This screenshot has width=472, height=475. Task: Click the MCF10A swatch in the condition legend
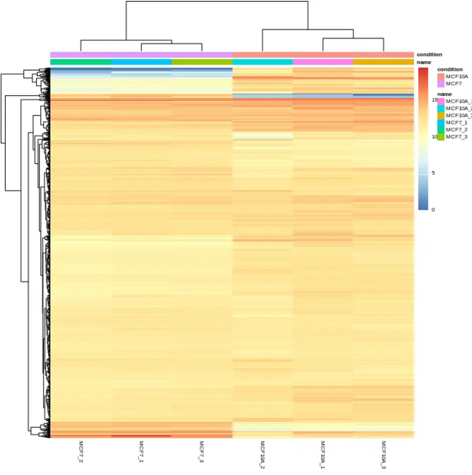point(440,76)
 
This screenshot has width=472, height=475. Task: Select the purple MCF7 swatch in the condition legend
point(440,83)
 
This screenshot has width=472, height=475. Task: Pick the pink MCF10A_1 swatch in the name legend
point(440,100)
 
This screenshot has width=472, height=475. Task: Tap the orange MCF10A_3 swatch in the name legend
point(440,115)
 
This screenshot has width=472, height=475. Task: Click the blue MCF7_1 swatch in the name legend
point(440,122)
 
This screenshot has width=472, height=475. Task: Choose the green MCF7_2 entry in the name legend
point(440,130)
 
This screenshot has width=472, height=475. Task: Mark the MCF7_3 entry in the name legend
point(440,137)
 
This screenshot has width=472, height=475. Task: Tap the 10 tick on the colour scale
point(433,137)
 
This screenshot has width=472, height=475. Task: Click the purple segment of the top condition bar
point(141,54)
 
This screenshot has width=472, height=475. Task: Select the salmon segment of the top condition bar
point(323,54)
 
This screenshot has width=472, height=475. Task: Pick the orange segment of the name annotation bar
point(383,62)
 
